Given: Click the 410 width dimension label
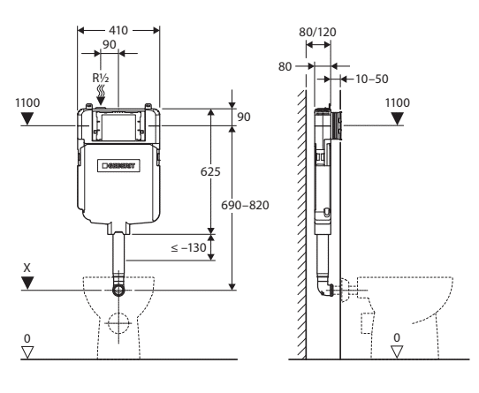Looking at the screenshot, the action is [118, 31].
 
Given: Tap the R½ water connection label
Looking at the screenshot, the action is [101, 79].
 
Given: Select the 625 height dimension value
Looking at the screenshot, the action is [210, 172].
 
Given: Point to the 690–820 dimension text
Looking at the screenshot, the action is [245, 206].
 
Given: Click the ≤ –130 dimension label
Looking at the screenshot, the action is [188, 247].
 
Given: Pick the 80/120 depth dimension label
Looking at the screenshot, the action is [317, 32].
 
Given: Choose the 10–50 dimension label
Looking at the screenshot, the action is [372, 79].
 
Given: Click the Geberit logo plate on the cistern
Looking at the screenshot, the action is [118, 165].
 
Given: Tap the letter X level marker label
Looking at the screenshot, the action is [27, 268].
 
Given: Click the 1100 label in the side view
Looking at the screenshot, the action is [397, 103].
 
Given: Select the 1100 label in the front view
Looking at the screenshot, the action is [27, 103].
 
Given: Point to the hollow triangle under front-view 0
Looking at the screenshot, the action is [27, 352].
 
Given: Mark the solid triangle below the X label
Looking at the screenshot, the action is [27, 283].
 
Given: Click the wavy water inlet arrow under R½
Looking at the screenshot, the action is [101, 95].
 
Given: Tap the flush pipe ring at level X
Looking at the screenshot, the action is [118, 290].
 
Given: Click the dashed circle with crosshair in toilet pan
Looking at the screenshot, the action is [118, 323].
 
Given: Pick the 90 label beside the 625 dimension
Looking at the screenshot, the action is [244, 117].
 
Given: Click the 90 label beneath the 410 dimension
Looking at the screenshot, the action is [109, 44].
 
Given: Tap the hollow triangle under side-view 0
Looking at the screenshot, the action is [397, 351].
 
